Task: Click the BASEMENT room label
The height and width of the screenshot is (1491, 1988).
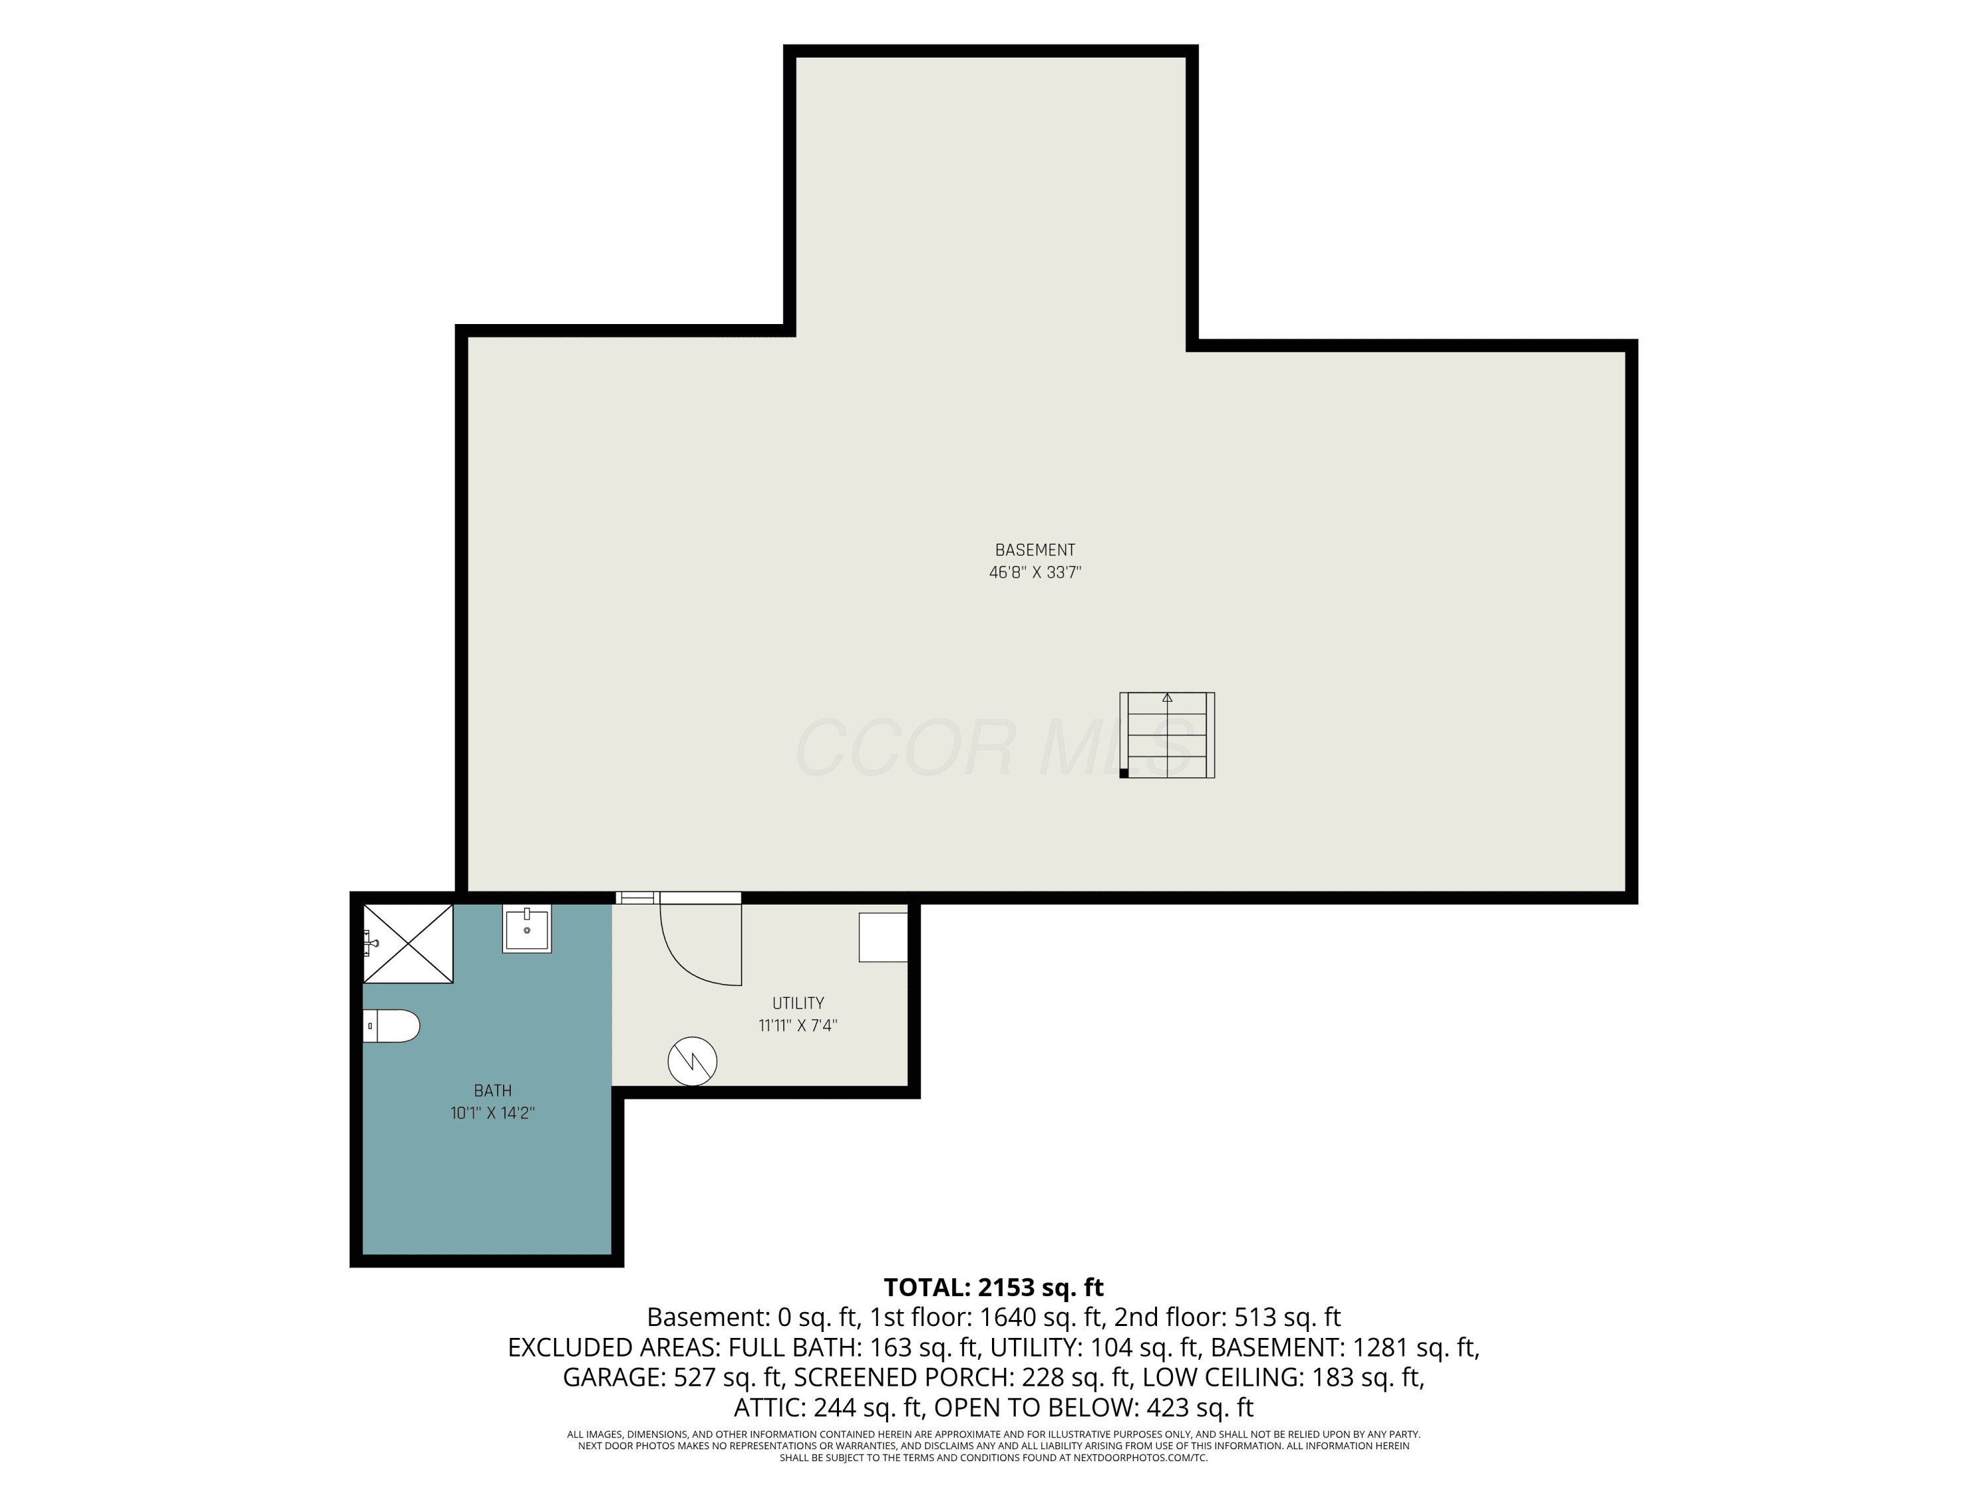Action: pyautogui.click(x=1034, y=550)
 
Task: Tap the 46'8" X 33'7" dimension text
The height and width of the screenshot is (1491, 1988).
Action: pyautogui.click(x=1034, y=573)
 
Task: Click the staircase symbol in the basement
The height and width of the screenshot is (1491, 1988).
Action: pyautogui.click(x=1166, y=734)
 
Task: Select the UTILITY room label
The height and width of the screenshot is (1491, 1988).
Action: pyautogui.click(x=798, y=1003)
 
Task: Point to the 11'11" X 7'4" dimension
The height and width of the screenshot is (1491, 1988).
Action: pyautogui.click(x=798, y=1025)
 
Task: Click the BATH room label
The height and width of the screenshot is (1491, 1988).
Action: pyautogui.click(x=492, y=1090)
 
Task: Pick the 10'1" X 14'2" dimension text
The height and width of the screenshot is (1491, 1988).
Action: pyautogui.click(x=492, y=1113)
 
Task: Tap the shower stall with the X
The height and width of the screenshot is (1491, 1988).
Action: pyautogui.click(x=408, y=944)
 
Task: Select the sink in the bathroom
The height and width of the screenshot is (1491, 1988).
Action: pyautogui.click(x=527, y=928)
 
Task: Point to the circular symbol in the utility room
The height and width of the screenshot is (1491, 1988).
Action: pyautogui.click(x=692, y=1062)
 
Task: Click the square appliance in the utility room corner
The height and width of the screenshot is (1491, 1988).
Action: pyautogui.click(x=883, y=938)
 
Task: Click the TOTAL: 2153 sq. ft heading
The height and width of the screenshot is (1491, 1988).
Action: pyautogui.click(x=993, y=1287)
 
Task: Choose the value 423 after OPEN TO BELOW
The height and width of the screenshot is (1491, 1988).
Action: pyautogui.click(x=1168, y=1408)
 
